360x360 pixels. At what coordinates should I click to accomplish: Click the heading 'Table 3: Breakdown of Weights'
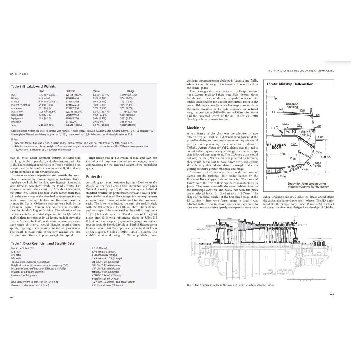pos(34,87)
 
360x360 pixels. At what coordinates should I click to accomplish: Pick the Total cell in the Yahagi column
pos(128,125)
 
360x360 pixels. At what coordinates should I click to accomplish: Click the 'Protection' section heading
pos(95,177)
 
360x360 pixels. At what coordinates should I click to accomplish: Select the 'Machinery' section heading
pos(196,128)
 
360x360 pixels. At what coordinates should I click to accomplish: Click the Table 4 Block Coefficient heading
pos(43,243)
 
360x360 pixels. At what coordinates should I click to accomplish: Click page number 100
pos(12,297)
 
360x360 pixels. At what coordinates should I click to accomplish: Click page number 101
pos(332,294)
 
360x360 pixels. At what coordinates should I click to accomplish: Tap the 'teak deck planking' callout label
pos(292,106)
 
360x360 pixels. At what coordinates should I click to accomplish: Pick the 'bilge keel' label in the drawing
pos(318,164)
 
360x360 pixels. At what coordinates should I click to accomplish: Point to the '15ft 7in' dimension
pos(326,157)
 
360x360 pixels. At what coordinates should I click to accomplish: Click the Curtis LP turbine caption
pos(231,285)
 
